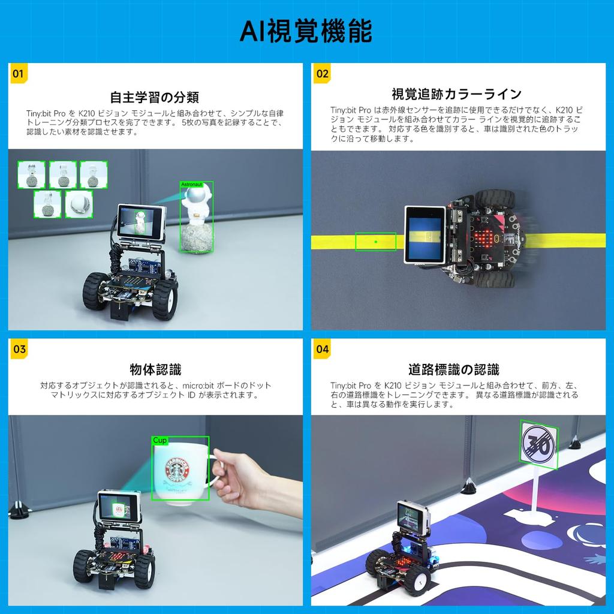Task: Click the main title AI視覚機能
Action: point(306,31)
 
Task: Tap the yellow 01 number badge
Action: point(18,74)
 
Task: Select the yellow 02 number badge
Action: point(322,74)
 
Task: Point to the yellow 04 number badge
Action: point(322,349)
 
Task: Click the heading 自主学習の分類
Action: point(155,97)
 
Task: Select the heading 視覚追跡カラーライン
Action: point(456,94)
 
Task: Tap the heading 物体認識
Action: point(155,369)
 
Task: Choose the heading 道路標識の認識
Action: point(453,369)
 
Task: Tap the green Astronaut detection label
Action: point(191,184)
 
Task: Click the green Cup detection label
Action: point(159,440)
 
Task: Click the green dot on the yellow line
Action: point(375,242)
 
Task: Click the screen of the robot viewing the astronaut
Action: point(140,221)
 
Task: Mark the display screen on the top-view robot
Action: point(425,234)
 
